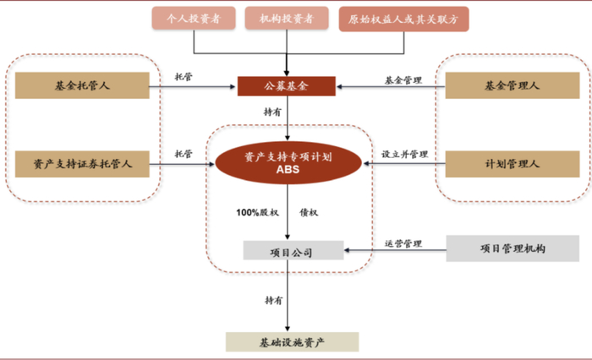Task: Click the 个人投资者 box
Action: click(194, 18)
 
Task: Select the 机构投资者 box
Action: click(287, 18)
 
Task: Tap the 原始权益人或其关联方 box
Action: click(403, 19)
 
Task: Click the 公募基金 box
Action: click(287, 86)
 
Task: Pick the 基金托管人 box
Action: click(82, 85)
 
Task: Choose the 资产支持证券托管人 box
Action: click(82, 164)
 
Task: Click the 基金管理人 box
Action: click(513, 85)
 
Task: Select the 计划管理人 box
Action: click(513, 164)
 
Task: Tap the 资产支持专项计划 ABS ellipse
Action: click(288, 163)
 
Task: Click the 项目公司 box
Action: click(293, 251)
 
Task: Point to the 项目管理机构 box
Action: click(513, 248)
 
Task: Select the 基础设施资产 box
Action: click(293, 342)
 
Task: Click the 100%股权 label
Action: click(257, 212)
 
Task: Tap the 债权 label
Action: click(309, 212)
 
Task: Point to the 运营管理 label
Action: click(403, 243)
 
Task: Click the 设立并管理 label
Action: click(405, 154)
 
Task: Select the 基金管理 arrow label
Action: click(403, 80)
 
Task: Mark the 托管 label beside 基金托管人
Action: click(184, 77)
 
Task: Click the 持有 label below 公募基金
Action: click(272, 112)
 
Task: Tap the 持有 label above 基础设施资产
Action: click(274, 300)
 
